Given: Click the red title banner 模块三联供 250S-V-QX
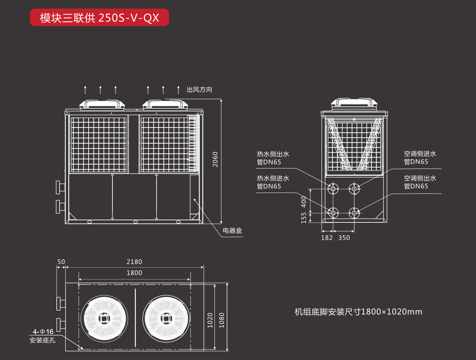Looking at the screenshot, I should [99, 18].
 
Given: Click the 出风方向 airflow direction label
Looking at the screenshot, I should [199, 90].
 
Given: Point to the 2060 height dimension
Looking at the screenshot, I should [215, 159].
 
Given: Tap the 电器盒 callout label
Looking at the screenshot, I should [232, 230].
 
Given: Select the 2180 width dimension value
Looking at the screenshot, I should [134, 262].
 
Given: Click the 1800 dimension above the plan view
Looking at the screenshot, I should [134, 273].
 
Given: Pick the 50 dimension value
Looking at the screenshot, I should [61, 262].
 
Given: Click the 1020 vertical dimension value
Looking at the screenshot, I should [210, 320].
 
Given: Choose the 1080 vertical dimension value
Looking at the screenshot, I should [221, 320].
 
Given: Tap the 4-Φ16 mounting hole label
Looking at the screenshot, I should [43, 331].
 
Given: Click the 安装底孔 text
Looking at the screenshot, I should [42, 340].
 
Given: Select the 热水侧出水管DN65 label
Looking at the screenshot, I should [273, 158].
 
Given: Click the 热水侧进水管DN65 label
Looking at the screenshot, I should [273, 182].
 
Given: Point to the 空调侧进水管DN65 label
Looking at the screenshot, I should [420, 158].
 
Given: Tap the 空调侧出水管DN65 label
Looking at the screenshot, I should [420, 182].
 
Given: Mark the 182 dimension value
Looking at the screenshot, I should [327, 238].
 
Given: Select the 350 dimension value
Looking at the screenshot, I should [344, 238].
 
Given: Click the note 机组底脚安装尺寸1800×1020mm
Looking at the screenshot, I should [358, 312].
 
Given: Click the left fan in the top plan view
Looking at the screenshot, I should [104, 318].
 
